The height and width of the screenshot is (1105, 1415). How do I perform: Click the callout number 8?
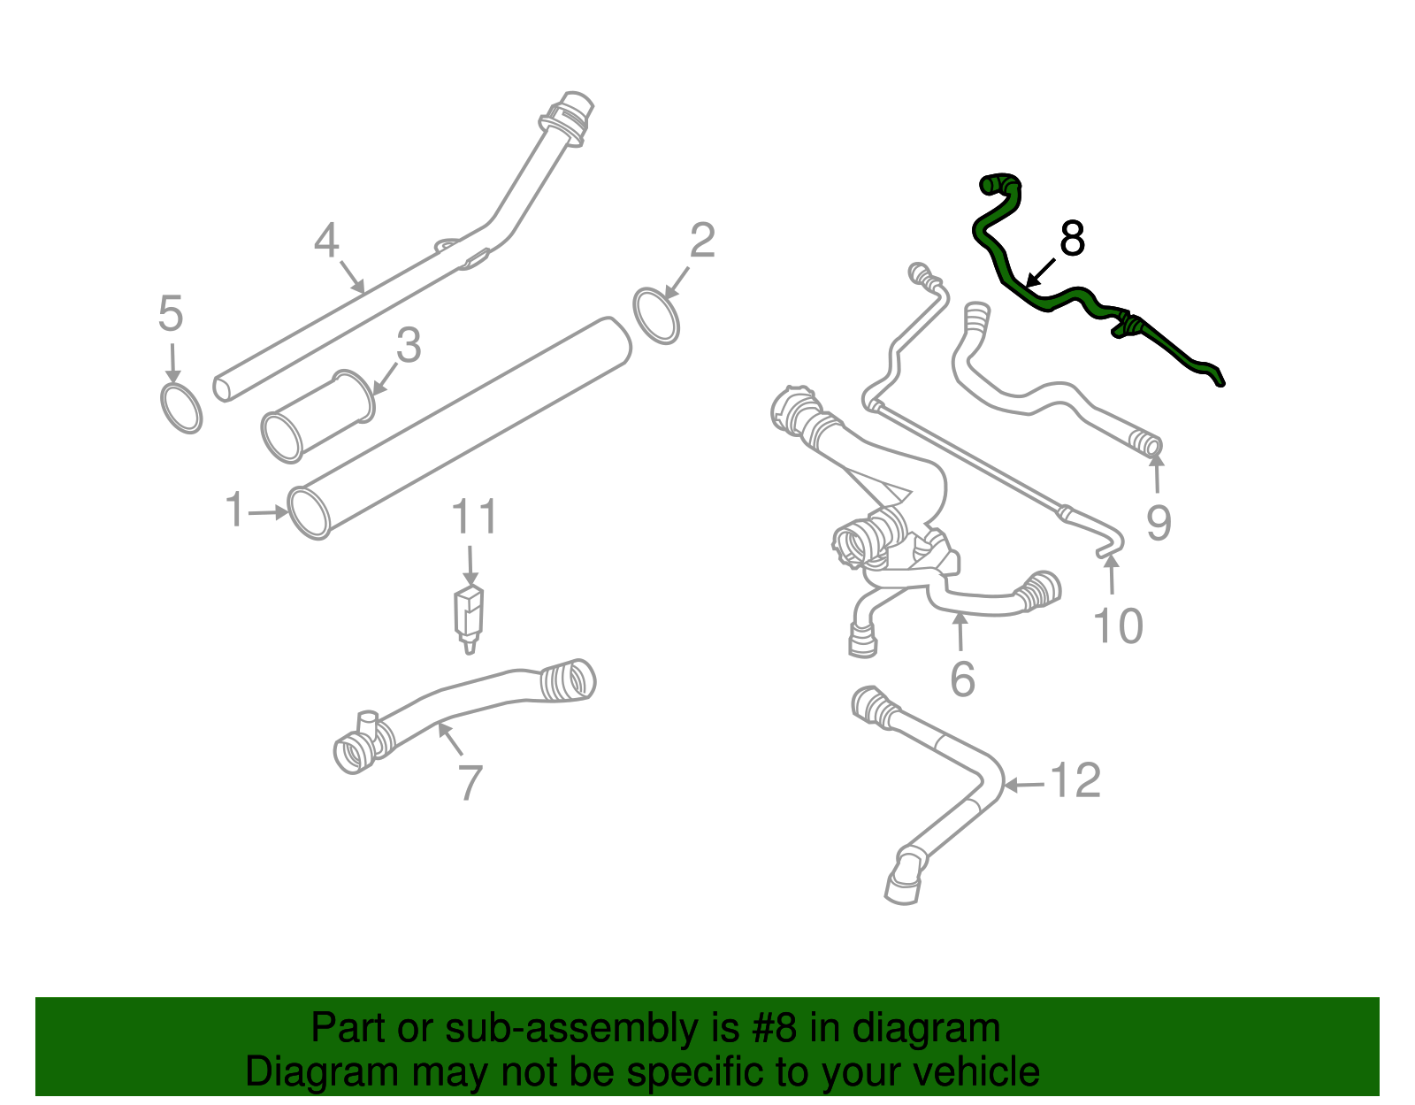click(1072, 239)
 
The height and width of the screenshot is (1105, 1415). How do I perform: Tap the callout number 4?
click(326, 241)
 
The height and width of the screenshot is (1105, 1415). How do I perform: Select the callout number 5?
click(171, 314)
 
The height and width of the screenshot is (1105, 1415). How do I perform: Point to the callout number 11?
click(475, 518)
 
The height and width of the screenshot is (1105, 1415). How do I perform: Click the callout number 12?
click(1075, 781)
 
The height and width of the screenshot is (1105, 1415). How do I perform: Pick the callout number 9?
click(1159, 523)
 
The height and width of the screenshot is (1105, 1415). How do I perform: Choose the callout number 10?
click(1119, 626)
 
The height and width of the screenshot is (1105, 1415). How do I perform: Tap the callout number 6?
click(962, 679)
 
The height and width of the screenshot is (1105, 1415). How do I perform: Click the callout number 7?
click(470, 783)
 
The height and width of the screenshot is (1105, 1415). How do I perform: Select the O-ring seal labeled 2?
click(657, 315)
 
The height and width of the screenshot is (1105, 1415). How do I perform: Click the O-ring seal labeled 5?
click(181, 407)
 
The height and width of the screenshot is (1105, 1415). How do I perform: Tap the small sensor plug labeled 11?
click(469, 617)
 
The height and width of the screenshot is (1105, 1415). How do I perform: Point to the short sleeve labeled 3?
click(318, 417)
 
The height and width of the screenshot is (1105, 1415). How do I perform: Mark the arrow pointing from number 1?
click(268, 511)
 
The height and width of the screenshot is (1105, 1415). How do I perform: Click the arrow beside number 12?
click(1025, 784)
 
